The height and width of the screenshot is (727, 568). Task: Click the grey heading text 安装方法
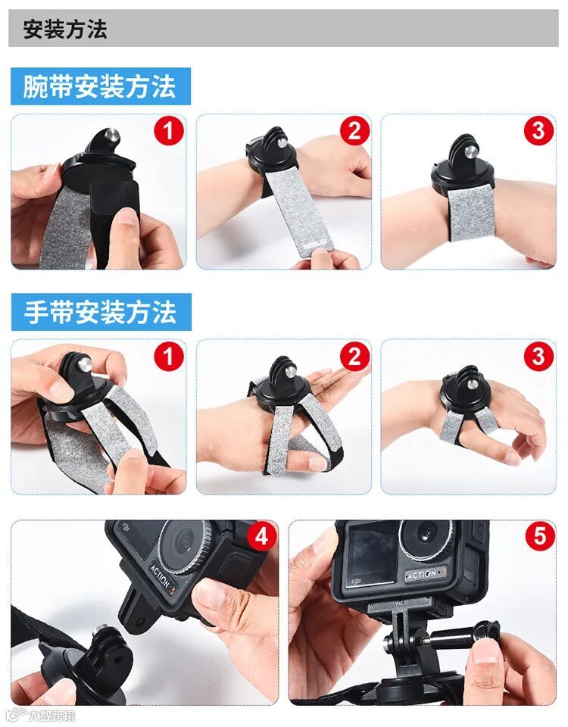[x=65, y=30]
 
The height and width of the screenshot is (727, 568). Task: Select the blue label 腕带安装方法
[x=100, y=86]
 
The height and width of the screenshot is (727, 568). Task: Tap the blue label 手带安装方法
[x=100, y=312]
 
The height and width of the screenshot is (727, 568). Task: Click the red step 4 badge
[x=262, y=536]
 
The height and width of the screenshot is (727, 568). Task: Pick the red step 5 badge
[x=540, y=536]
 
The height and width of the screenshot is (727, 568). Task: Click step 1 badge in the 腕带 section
[x=169, y=130]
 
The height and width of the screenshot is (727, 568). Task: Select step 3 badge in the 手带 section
[x=538, y=356]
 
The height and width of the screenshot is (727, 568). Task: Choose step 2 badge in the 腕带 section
[x=354, y=130]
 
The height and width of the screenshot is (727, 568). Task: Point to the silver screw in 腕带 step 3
[x=470, y=152]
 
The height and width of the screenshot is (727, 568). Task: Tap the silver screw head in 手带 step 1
[x=84, y=364]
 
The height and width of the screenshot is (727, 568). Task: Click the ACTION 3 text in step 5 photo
[x=426, y=574]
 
